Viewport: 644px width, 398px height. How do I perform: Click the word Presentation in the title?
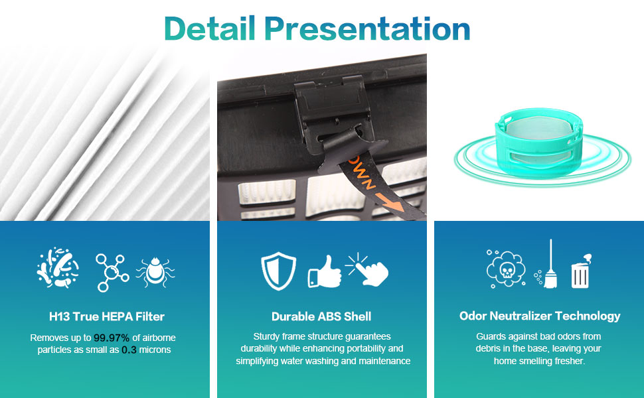(366, 29)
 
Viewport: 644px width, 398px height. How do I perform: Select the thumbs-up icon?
(324, 271)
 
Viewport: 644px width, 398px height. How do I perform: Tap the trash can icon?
(580, 271)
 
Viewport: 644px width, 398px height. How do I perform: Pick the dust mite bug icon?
(155, 270)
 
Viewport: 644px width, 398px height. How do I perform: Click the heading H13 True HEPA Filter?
(107, 316)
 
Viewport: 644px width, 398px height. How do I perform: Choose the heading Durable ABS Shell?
(321, 316)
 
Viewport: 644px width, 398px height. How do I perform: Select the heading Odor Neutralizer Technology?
(539, 316)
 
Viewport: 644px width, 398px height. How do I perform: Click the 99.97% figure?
(112, 338)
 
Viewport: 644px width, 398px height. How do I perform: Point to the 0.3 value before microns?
(129, 350)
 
